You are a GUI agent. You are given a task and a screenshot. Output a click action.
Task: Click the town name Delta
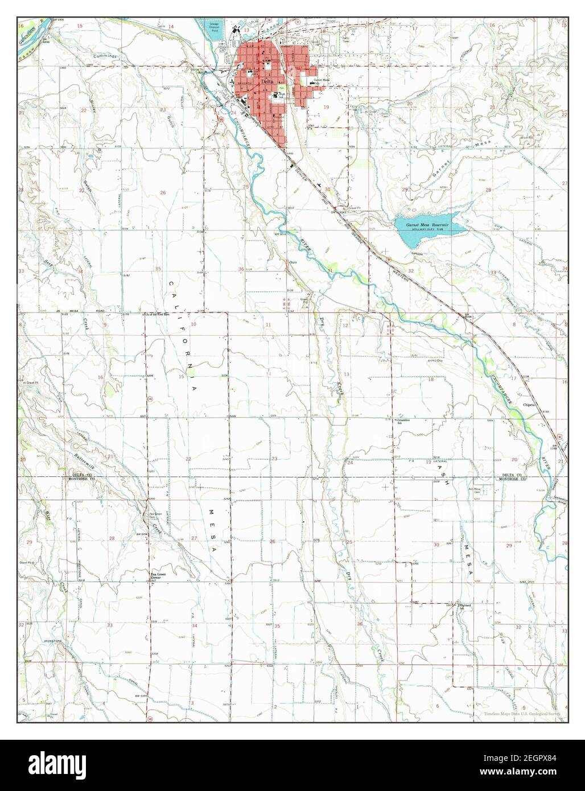coord(265,82)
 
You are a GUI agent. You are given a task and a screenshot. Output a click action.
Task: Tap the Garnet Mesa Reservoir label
coord(427,225)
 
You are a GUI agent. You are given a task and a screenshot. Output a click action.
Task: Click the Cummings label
coord(106,57)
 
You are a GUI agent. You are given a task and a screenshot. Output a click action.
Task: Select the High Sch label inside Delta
coord(280,95)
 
